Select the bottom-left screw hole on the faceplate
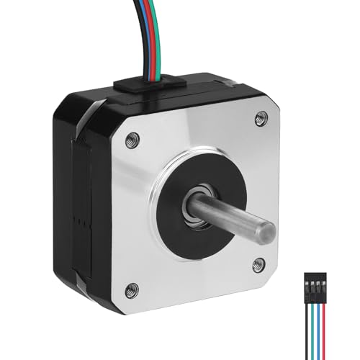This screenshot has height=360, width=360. click(x=130, y=290)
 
